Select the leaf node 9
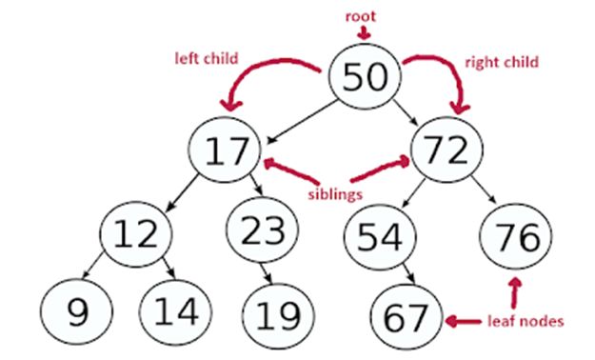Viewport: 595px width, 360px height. [76, 310]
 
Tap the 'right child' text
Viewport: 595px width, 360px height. [501, 62]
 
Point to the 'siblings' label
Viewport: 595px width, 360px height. [334, 193]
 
